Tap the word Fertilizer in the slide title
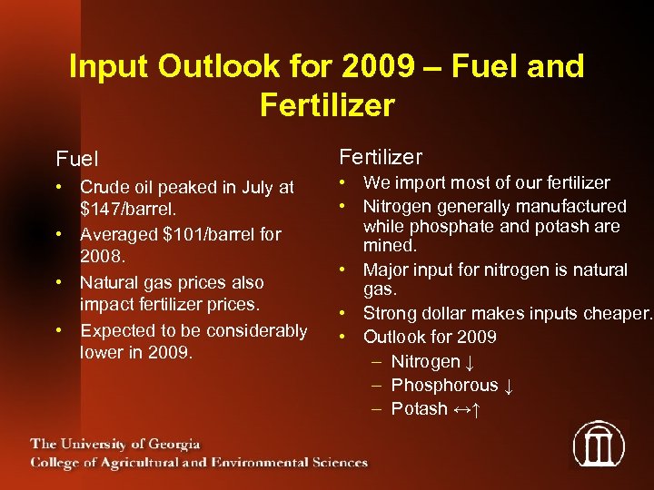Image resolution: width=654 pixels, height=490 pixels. click(x=327, y=105)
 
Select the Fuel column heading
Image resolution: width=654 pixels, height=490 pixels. click(x=79, y=160)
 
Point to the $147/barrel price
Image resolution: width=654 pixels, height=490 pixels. click(x=134, y=211)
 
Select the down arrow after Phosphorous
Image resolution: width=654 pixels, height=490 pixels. click(x=510, y=386)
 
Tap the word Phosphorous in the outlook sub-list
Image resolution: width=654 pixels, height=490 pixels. click(x=444, y=386)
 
